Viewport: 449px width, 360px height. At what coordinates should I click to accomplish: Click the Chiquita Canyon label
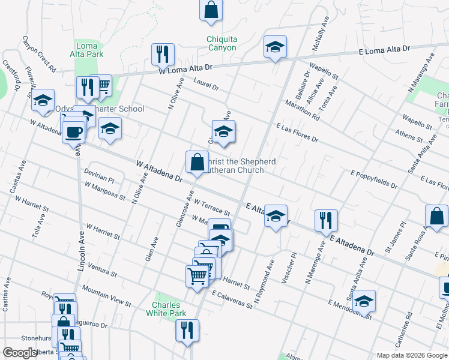pos(221,44)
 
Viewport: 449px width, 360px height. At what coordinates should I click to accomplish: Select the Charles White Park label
pos(166,309)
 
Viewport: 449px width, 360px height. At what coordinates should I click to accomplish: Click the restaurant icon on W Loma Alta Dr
pos(163,55)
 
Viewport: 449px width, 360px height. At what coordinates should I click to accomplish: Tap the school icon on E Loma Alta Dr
pos(275,47)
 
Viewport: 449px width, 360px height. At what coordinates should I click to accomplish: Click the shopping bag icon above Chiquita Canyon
pos(211,10)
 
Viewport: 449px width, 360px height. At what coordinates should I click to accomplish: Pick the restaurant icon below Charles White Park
pos(187,330)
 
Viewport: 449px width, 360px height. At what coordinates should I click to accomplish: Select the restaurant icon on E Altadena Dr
pos(325,221)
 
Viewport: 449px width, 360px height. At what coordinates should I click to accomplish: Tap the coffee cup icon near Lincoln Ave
pos(74,131)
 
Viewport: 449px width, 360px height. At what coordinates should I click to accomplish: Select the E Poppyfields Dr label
pos(374,179)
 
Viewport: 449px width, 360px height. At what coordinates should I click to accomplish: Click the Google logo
pos(20,353)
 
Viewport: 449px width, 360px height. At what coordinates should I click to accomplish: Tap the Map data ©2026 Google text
pos(411,355)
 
